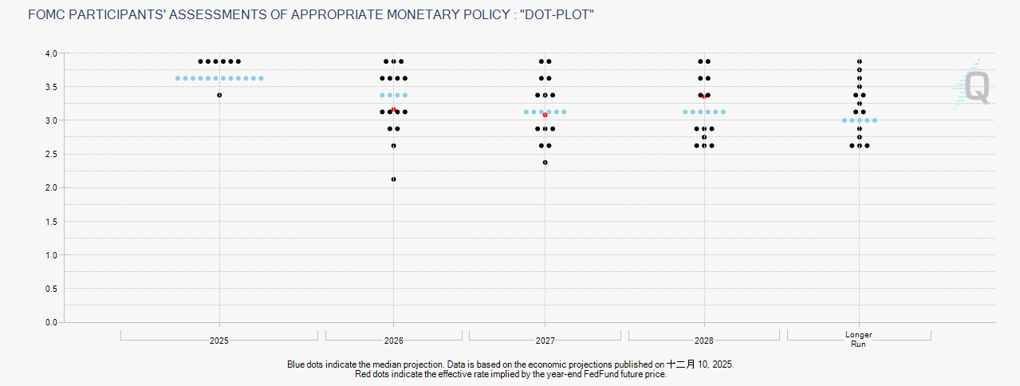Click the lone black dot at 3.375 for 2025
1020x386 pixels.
[219, 95]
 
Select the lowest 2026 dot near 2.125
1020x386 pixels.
[393, 179]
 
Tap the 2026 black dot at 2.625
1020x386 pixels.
[393, 146]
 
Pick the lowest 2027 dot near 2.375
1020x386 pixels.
[545, 163]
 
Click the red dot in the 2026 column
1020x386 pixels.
[393, 109]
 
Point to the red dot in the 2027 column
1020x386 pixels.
[545, 115]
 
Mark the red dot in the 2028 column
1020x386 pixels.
[704, 96]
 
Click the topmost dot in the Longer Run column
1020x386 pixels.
[859, 61]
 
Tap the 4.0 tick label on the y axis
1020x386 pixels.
[51, 53]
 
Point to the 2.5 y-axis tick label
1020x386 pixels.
[51, 154]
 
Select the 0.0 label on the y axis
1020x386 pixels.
[51, 322]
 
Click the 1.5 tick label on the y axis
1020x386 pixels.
[51, 222]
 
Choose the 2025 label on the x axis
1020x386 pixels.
[219, 341]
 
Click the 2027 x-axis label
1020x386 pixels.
[545, 341]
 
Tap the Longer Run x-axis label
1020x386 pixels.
[859, 339]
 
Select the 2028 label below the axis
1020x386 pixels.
[704, 341]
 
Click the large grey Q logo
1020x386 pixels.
[978, 88]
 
